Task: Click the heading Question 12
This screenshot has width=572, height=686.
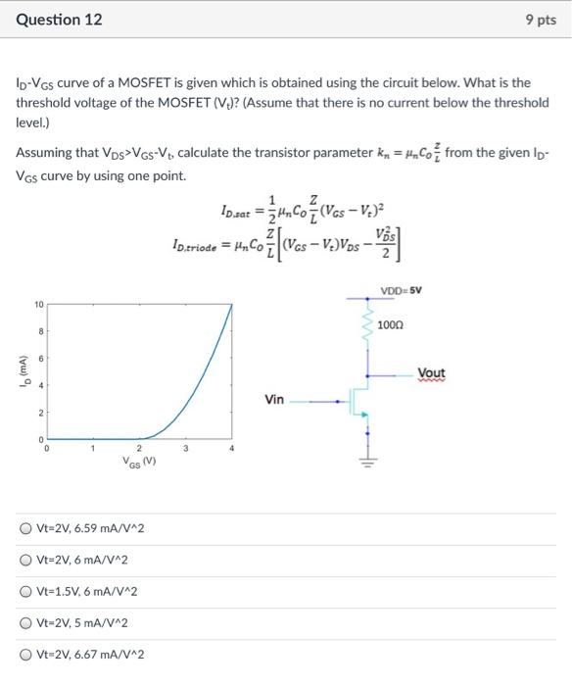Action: pyautogui.click(x=58, y=20)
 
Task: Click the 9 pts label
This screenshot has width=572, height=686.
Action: pyautogui.click(x=542, y=20)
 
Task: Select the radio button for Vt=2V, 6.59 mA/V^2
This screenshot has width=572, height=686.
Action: pyautogui.click(x=25, y=529)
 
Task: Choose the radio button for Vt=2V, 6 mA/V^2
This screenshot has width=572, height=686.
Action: pyautogui.click(x=25, y=560)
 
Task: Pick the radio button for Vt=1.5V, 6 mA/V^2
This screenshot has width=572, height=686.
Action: pyautogui.click(x=25, y=591)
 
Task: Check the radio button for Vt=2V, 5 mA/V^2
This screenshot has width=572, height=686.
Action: pyautogui.click(x=25, y=622)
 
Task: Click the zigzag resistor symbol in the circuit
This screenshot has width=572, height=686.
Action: pyautogui.click(x=368, y=324)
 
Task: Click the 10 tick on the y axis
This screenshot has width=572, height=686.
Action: pyautogui.click(x=38, y=305)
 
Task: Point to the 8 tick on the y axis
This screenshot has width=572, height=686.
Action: pyautogui.click(x=40, y=332)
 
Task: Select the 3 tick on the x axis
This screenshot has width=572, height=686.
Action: pyautogui.click(x=186, y=449)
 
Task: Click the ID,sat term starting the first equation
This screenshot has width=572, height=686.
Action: pyautogui.click(x=239, y=210)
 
